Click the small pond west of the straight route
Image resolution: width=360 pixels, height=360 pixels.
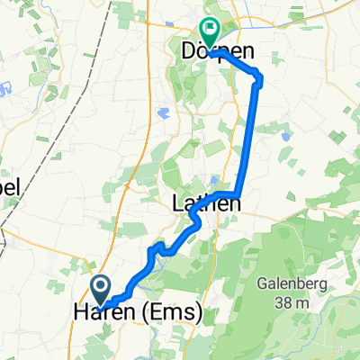coord(166,113)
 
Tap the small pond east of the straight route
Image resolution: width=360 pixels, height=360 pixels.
coord(284,138)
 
